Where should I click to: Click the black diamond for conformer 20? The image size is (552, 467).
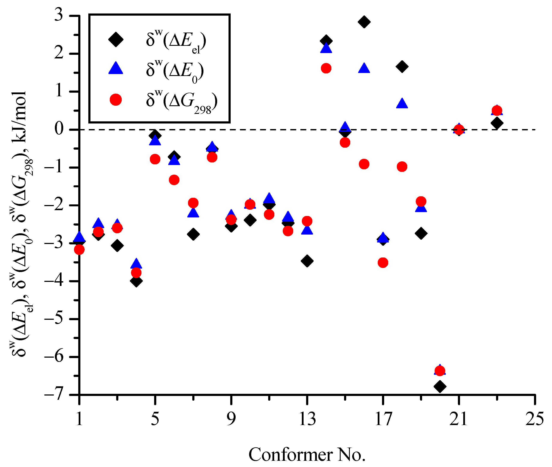(x=440, y=386)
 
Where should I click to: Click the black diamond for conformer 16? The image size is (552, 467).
(x=364, y=22)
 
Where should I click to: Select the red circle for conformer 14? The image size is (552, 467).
(x=326, y=68)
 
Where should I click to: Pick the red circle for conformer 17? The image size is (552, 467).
(x=383, y=263)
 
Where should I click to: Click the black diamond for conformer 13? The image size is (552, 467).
(x=307, y=261)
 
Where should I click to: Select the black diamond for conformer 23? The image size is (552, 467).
(x=497, y=123)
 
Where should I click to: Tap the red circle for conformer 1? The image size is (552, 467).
(x=79, y=249)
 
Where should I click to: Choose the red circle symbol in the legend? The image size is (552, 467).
(x=116, y=100)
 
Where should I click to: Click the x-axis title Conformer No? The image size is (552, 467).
(x=307, y=455)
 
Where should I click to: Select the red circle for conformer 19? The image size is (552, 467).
(x=421, y=201)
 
